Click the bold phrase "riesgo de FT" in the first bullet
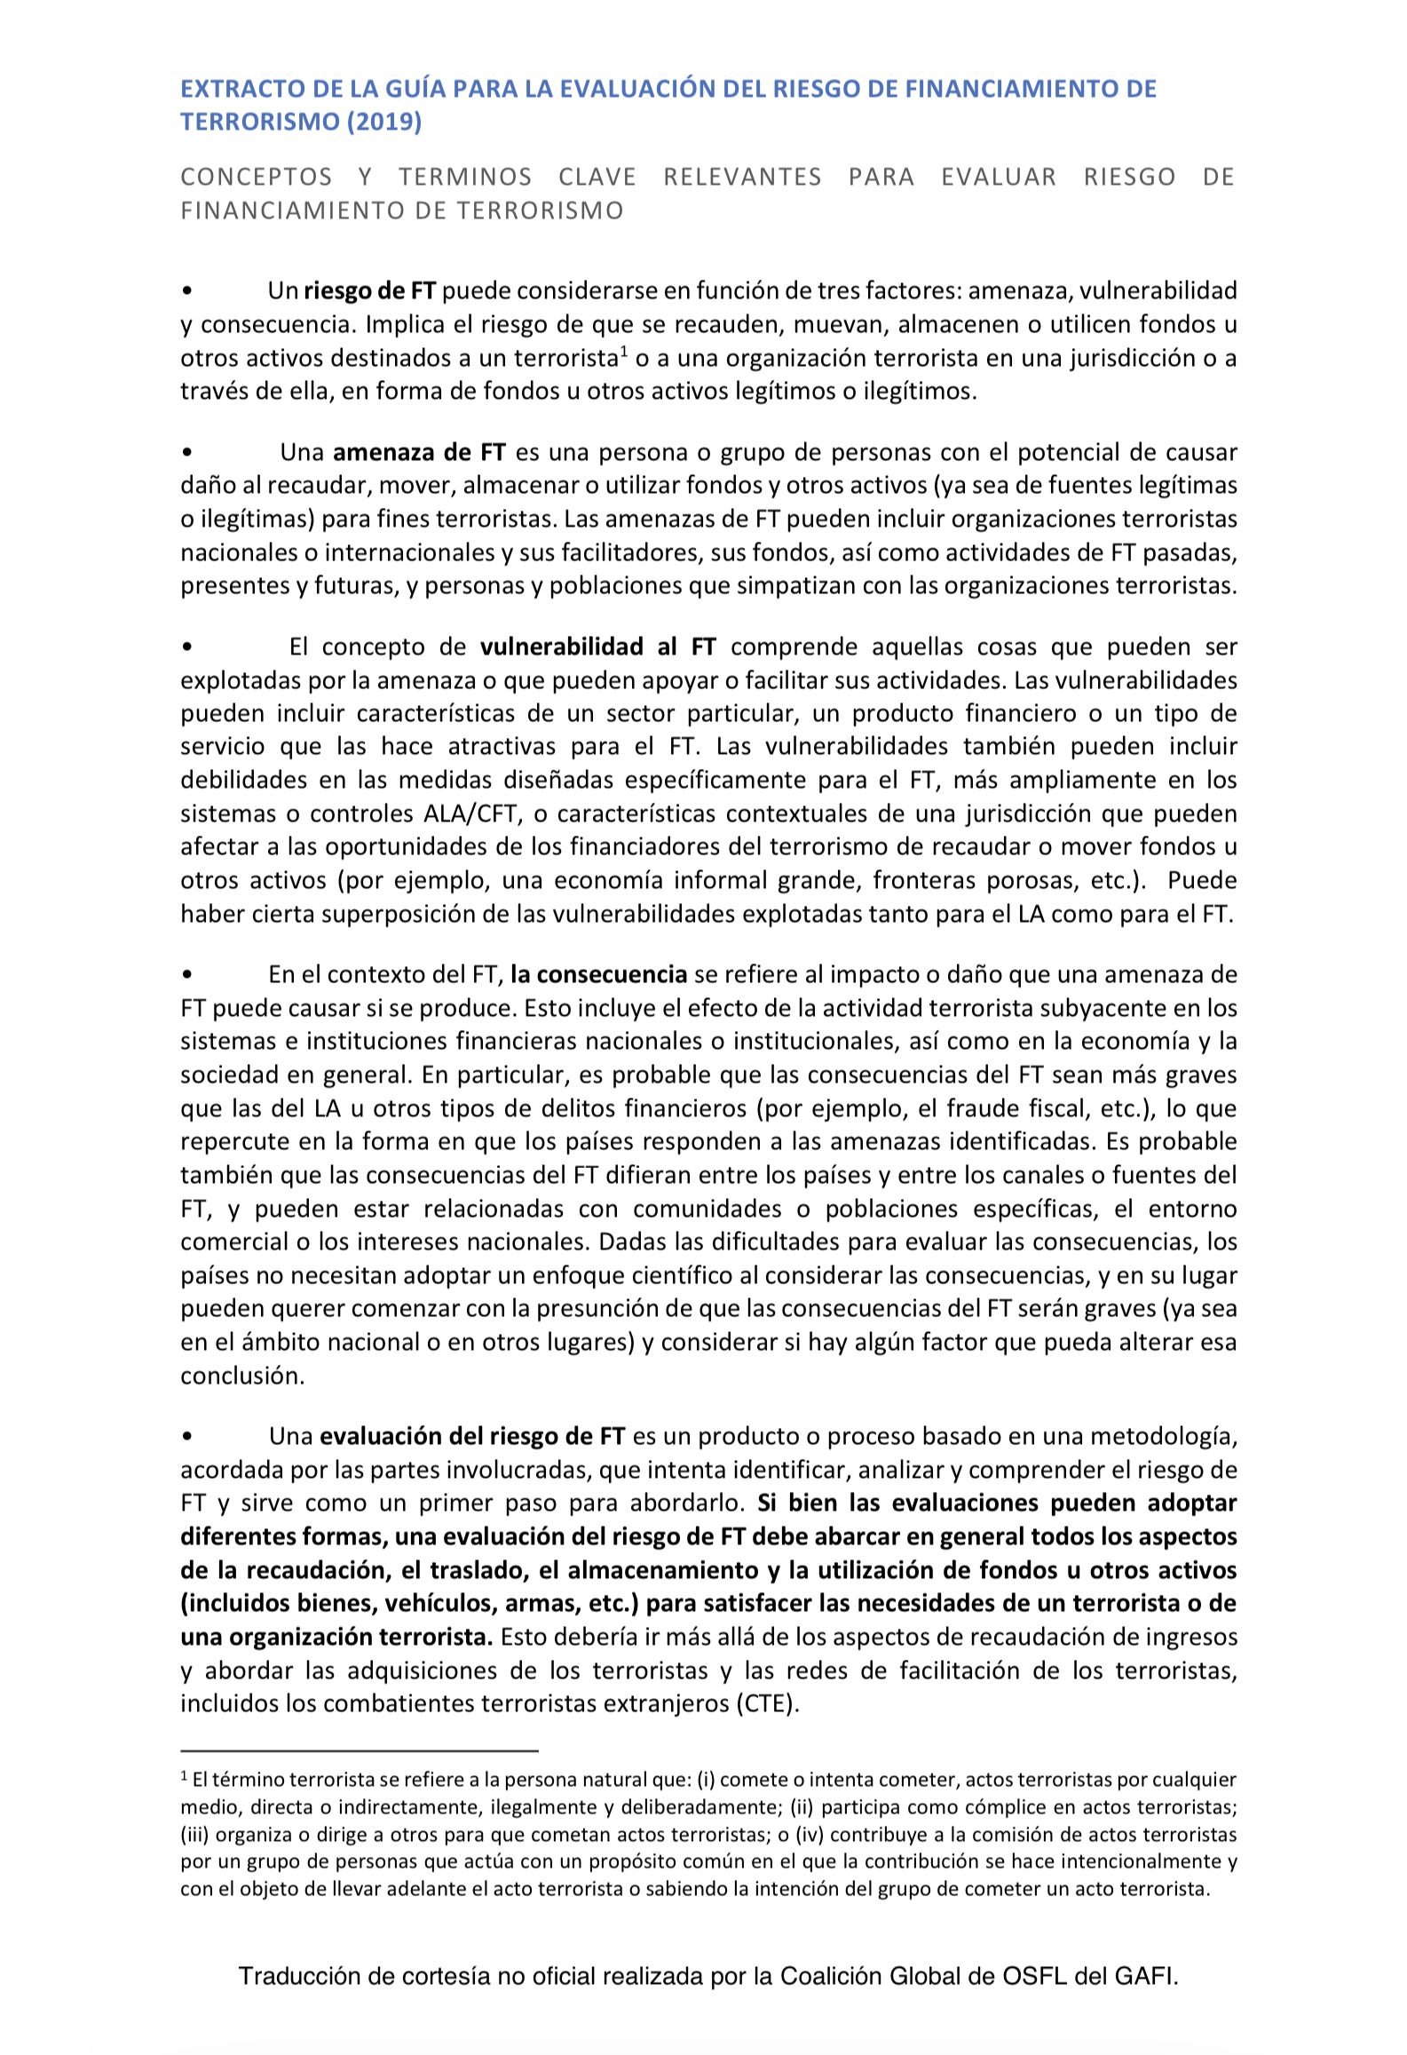click(x=371, y=290)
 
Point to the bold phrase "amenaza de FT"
click(x=419, y=452)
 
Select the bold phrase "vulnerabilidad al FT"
click(x=597, y=647)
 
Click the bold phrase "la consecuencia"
click(x=598, y=974)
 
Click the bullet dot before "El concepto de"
click(x=186, y=647)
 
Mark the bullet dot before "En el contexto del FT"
click(x=186, y=975)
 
